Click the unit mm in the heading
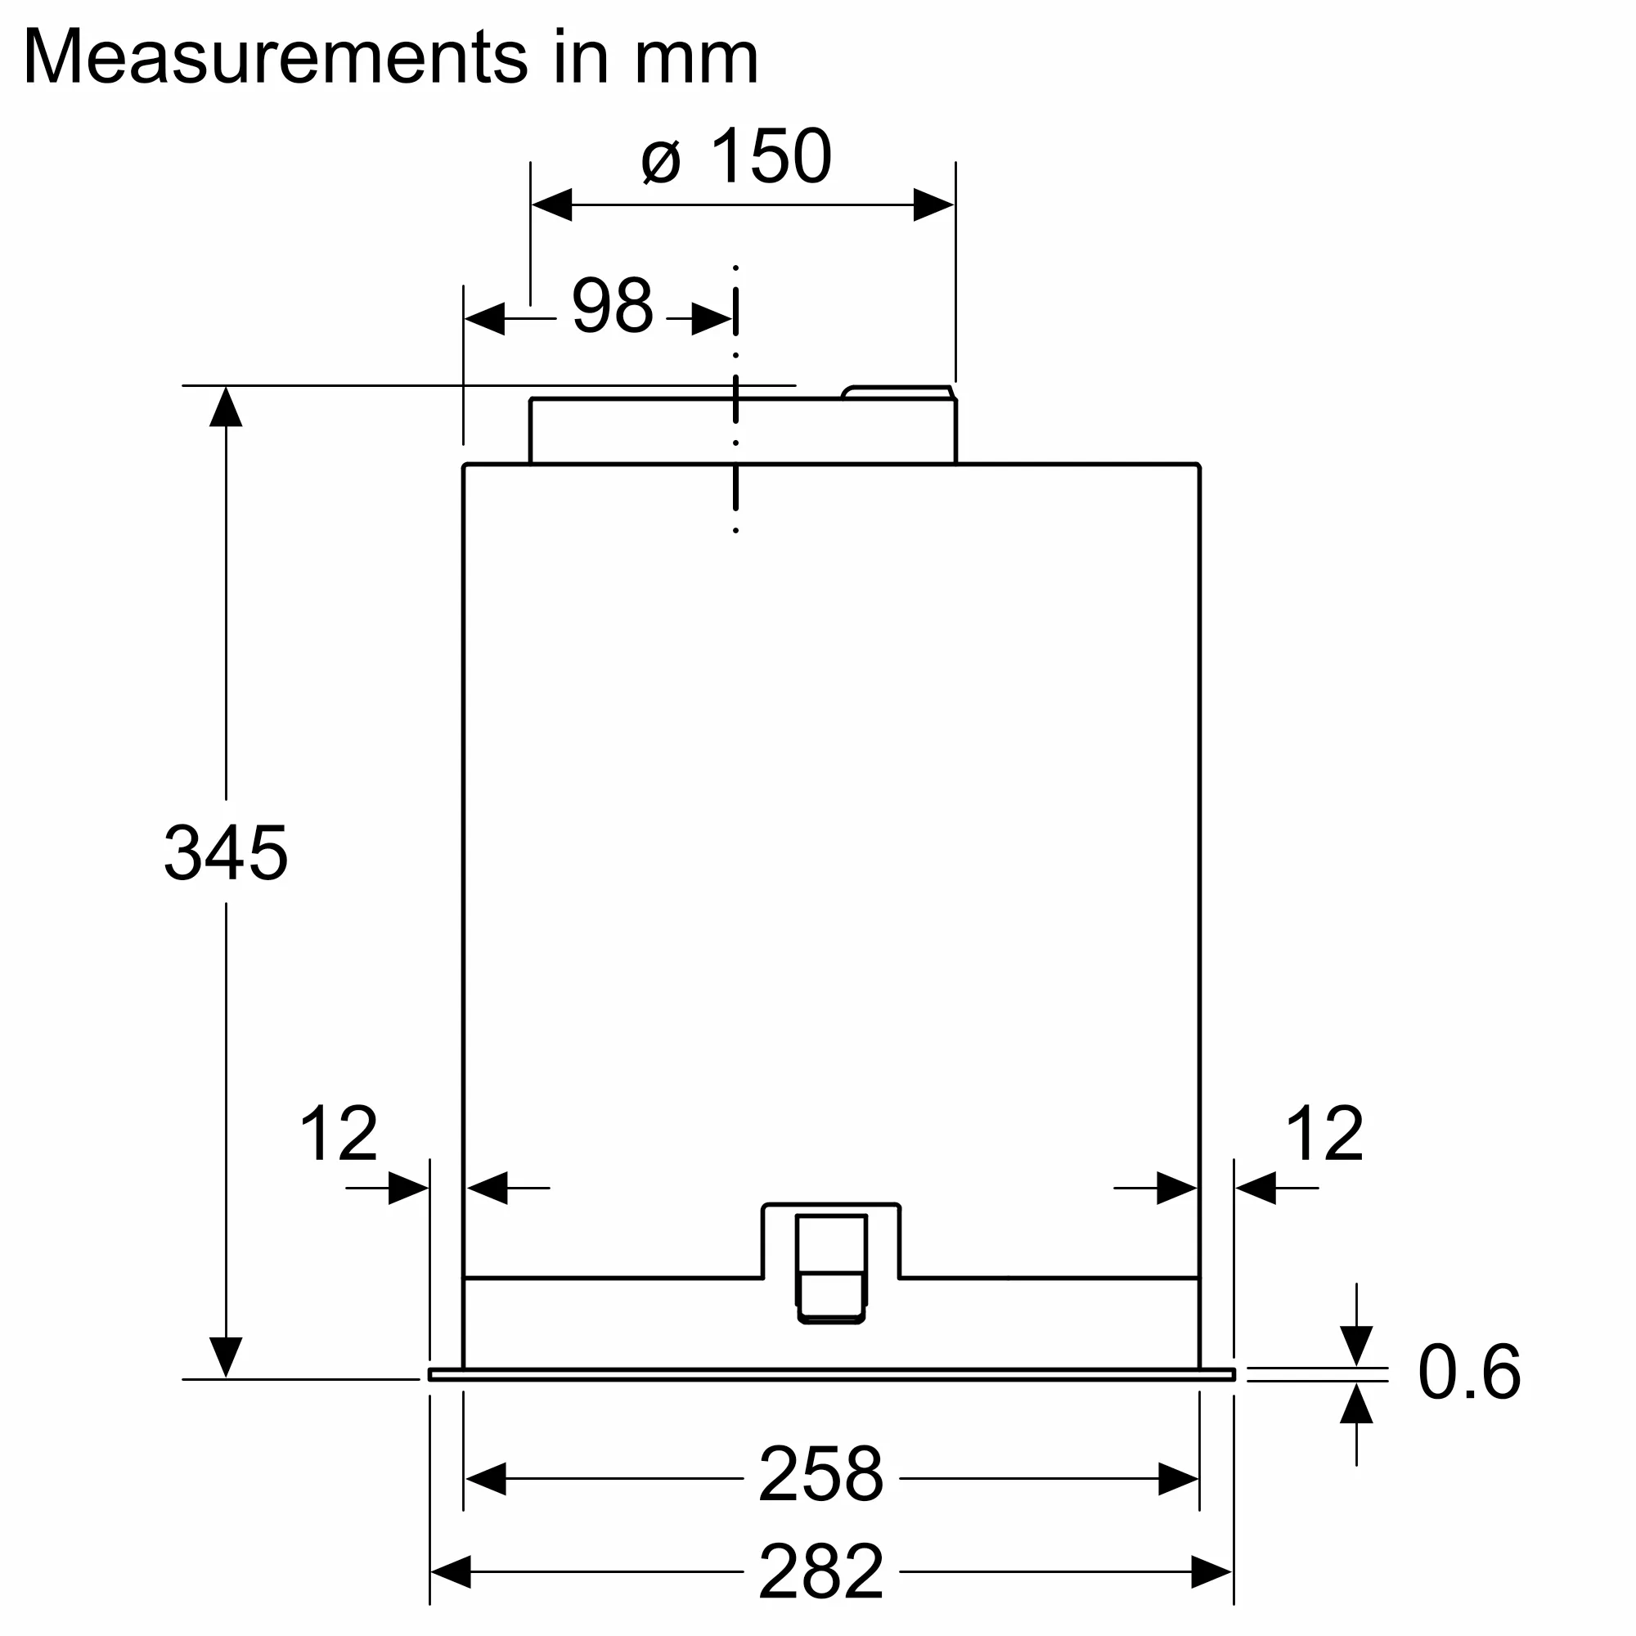(696, 58)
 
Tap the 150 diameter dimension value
(771, 157)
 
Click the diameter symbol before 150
(660, 161)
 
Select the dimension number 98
(612, 306)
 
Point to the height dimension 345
(225, 852)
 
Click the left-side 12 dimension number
(339, 1134)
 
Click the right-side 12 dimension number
(1324, 1134)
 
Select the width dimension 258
(820, 1475)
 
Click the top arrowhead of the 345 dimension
(226, 407)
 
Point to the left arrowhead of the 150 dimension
(552, 205)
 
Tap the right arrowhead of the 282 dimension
(1211, 1571)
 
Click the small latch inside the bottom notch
(831, 1268)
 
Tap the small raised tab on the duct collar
(897, 392)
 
